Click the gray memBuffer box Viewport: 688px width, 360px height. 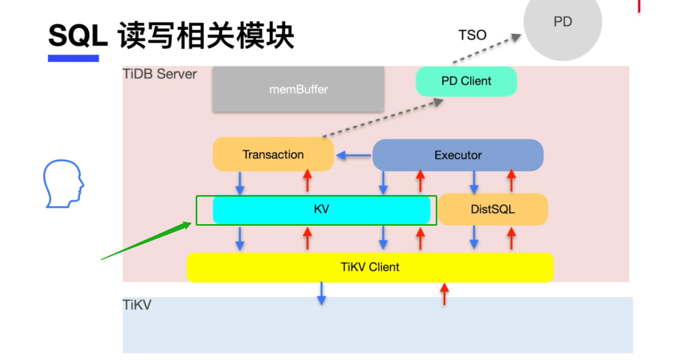298,89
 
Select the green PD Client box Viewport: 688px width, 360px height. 466,81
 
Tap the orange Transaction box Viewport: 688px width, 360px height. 273,154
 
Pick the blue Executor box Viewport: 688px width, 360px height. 457,155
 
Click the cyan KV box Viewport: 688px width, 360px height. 322,210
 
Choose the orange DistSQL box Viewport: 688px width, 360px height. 493,209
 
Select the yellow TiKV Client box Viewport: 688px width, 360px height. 370,267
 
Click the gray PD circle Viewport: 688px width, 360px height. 563,24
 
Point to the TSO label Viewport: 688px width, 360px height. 472,35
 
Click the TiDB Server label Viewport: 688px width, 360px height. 160,74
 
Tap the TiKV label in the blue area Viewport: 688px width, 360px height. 137,305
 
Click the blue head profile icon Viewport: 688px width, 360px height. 63,183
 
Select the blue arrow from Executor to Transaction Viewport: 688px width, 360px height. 354,155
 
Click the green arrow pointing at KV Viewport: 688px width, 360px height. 146,241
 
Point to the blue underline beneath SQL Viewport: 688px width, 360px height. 74,58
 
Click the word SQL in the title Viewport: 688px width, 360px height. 78,36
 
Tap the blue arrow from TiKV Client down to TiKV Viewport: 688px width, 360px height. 322,293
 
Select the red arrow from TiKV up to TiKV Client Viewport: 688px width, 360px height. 444,294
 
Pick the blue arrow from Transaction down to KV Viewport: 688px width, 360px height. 240,183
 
